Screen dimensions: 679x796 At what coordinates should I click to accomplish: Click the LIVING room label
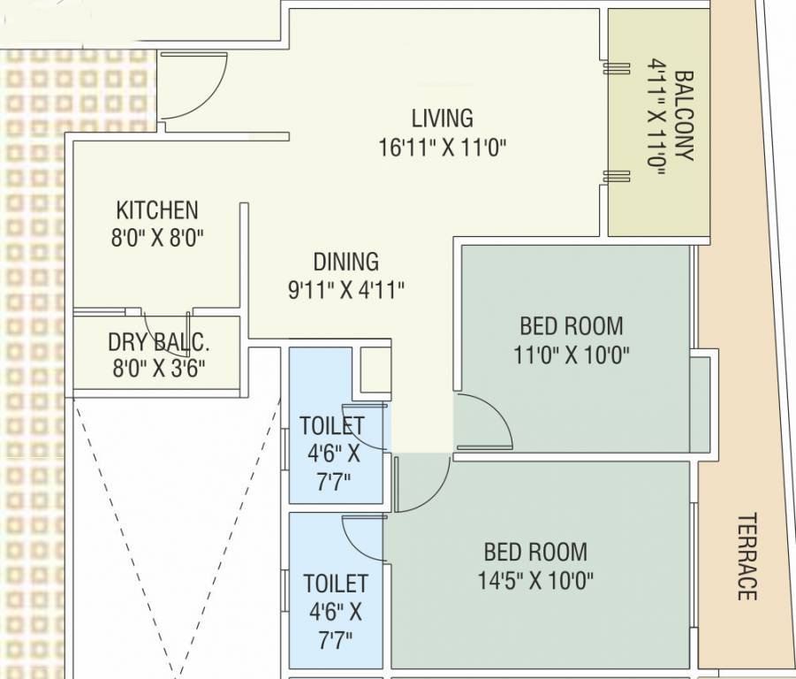pos(442,118)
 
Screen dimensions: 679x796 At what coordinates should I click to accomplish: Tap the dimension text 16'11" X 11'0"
pos(442,147)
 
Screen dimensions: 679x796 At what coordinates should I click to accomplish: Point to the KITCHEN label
pos(157,210)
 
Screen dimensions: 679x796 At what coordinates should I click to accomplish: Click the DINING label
pos(345,262)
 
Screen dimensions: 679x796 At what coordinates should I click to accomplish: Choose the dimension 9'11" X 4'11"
pos(345,290)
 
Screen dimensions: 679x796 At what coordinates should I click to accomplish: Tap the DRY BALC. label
pos(159,342)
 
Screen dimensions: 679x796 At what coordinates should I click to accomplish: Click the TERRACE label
pos(747,556)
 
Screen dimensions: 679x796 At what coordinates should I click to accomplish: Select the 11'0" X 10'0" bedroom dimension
pos(571,355)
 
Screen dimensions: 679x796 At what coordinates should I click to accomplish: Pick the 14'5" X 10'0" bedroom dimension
pos(535,581)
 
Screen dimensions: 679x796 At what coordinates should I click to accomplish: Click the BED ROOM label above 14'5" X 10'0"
pos(535,553)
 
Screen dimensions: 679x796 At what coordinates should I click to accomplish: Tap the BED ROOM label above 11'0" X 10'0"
pos(571,325)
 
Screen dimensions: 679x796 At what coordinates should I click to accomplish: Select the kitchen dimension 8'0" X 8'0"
pos(157,239)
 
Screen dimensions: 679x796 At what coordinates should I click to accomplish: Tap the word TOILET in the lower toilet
pos(336,584)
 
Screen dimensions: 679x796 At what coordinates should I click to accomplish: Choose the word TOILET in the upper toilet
pos(331,425)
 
